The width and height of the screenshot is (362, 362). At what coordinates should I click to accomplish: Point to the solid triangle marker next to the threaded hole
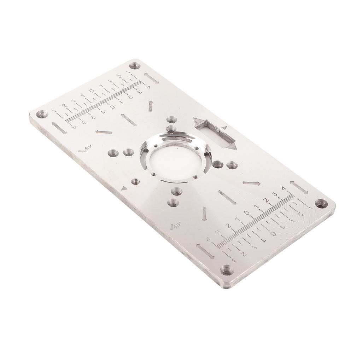pos(123,188)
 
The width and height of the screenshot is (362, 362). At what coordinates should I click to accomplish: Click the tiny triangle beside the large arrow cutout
pos(224,127)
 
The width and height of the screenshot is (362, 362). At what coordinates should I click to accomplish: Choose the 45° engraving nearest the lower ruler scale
pos(175,226)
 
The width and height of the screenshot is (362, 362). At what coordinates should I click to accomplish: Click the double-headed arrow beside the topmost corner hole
pos(151,78)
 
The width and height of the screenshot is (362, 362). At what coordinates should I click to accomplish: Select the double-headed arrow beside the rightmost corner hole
pos(299,187)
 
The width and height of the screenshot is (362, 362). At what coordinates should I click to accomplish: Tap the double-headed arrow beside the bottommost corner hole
pos(205,251)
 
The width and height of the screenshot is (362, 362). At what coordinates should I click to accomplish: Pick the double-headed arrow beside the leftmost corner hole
pos(59,128)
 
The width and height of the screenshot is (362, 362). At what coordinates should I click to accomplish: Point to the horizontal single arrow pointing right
pos(252,183)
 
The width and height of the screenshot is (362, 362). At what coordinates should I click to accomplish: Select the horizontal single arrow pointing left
pos(104,132)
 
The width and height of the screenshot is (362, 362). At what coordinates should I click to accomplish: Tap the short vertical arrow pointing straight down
pos(204,214)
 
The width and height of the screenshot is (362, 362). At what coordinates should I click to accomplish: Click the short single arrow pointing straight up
pos(151,105)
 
